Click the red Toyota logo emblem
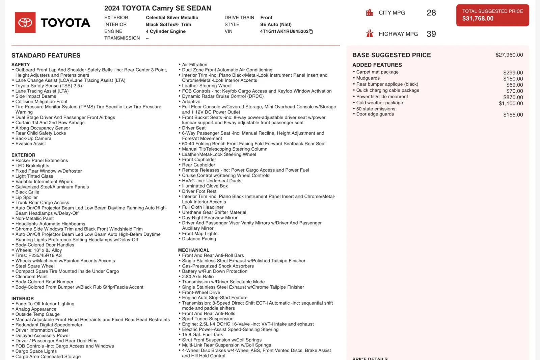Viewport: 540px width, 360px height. tap(25, 23)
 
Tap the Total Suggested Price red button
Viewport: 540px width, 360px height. tap(492, 15)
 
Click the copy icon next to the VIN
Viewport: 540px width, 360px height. tap(311, 32)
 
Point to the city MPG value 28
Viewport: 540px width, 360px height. tap(431, 13)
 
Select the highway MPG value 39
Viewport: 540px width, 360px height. tap(431, 34)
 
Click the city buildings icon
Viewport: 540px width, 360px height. tap(370, 13)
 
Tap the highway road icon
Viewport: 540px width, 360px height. tap(370, 34)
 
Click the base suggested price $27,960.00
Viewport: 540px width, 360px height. tap(509, 55)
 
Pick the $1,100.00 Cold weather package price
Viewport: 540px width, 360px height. tap(511, 104)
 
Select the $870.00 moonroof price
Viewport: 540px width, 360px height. tap(514, 97)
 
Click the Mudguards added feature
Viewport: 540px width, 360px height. tap(368, 78)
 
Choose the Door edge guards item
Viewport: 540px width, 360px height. tap(375, 114)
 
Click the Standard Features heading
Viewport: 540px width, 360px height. tap(46, 56)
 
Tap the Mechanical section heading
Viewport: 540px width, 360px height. tap(194, 250)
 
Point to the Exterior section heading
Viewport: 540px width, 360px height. tap(23, 155)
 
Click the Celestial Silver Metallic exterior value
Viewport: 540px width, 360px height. tap(172, 18)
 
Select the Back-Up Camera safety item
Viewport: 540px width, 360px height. tap(33, 138)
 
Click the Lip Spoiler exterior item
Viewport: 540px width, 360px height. tap(26, 198)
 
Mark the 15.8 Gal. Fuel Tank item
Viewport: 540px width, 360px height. tap(202, 335)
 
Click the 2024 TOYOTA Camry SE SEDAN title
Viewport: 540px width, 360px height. tap(158, 8)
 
